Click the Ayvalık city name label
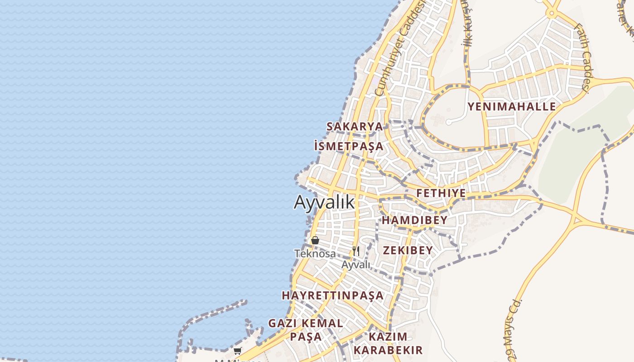324,202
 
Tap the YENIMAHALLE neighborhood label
512,107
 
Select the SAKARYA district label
355,127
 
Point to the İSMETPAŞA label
349,146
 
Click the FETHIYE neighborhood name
441,193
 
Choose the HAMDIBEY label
414,220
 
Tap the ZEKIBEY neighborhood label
408,250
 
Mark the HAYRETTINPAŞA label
333,295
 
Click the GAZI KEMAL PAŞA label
306,330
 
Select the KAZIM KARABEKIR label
388,343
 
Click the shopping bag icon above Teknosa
315,240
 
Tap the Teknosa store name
315,253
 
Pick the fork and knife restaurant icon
356,251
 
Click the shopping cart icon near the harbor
237,351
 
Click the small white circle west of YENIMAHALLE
448,122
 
